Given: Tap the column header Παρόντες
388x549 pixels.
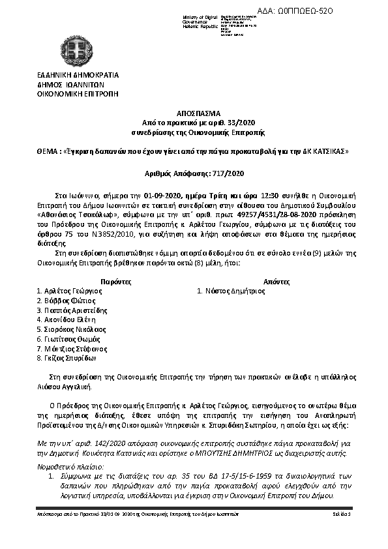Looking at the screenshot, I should [117, 281].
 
